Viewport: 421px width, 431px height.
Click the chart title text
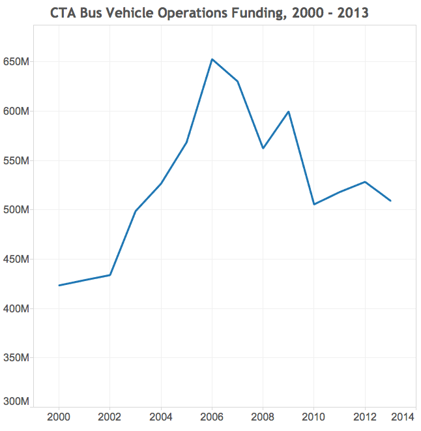point(209,12)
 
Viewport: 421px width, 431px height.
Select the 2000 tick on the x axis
point(59,417)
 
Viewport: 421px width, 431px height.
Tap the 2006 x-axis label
point(212,417)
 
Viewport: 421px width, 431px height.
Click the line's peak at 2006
point(212,59)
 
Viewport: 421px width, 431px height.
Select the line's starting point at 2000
point(59,285)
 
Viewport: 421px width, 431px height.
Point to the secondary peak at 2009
point(288,111)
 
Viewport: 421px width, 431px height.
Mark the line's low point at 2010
point(314,204)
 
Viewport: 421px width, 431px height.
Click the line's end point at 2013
point(390,200)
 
